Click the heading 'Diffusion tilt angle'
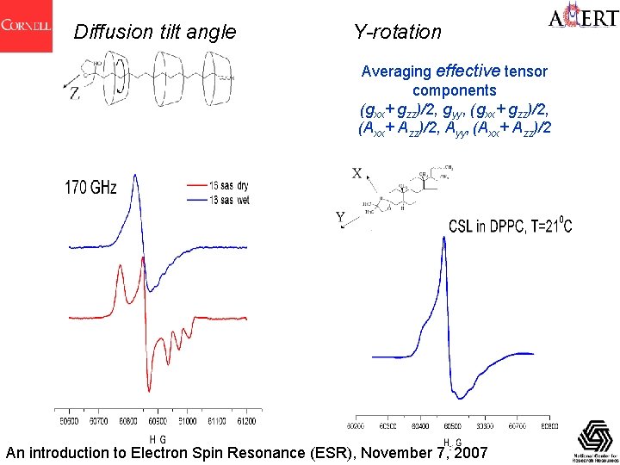[x=155, y=33]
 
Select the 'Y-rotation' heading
[x=397, y=33]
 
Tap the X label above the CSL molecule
[x=356, y=173]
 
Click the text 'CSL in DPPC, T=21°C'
[x=510, y=226]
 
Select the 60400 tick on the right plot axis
[x=421, y=425]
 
